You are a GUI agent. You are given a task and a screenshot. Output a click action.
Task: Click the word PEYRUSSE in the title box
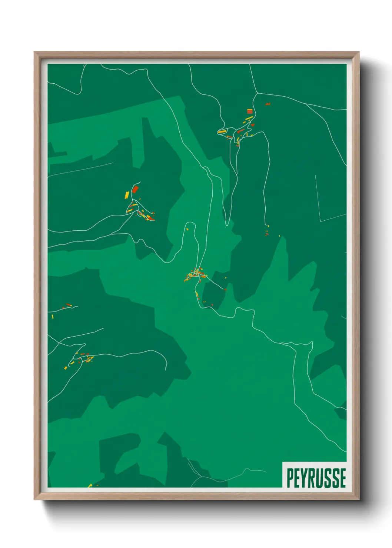click(316, 478)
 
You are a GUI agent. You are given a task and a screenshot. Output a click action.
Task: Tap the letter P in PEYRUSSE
click(289, 478)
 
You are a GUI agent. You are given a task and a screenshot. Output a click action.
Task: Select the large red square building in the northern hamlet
click(250, 111)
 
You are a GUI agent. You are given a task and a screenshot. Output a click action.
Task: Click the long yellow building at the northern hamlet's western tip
click(222, 131)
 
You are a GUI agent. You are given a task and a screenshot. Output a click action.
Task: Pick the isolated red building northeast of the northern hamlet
click(268, 104)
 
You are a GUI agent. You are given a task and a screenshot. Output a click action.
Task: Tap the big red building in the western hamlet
click(135, 189)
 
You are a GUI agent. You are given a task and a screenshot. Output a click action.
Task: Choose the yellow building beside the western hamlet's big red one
click(127, 194)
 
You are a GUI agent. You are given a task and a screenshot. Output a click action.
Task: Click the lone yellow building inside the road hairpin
click(187, 229)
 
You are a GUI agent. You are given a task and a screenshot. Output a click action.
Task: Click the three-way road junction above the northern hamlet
click(257, 93)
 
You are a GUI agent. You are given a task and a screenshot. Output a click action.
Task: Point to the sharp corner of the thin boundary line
click(321, 221)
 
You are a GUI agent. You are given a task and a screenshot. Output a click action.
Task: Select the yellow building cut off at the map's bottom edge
click(90, 485)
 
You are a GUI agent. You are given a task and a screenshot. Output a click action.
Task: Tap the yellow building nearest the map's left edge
click(52, 316)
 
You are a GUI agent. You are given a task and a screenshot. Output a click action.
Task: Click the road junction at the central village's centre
click(195, 274)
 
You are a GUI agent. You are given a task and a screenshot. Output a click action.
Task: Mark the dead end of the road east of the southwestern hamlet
click(166, 370)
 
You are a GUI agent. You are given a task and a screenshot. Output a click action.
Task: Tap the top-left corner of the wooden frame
click(35, 53)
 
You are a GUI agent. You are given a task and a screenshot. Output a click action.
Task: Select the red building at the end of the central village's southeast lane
click(225, 289)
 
